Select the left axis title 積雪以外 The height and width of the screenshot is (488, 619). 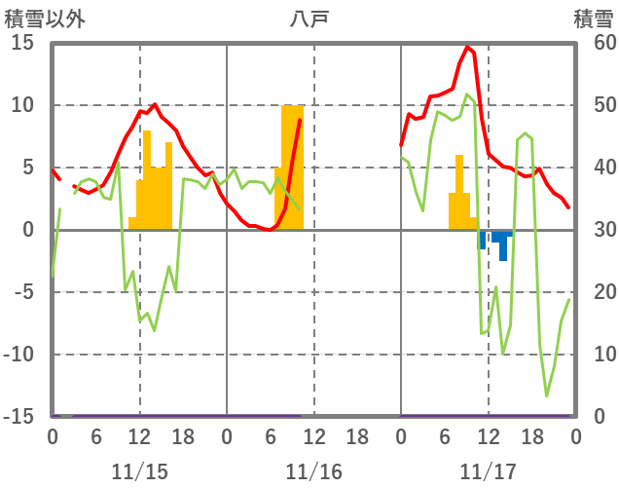[x=38, y=18]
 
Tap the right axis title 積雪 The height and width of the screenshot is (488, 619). [x=592, y=18]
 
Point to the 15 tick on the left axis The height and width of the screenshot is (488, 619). [x=22, y=43]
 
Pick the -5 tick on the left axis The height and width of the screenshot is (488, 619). [x=22, y=292]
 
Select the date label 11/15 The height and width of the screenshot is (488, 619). [x=139, y=471]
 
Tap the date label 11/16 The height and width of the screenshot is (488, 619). [x=313, y=471]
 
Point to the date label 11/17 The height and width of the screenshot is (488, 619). [x=488, y=471]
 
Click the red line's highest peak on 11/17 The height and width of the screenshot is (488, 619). [x=467, y=47]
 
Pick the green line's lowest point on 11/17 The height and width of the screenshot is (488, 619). [x=546, y=395]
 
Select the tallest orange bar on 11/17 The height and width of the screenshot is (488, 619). [x=459, y=192]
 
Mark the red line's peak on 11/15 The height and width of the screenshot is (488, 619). [x=154, y=104]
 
